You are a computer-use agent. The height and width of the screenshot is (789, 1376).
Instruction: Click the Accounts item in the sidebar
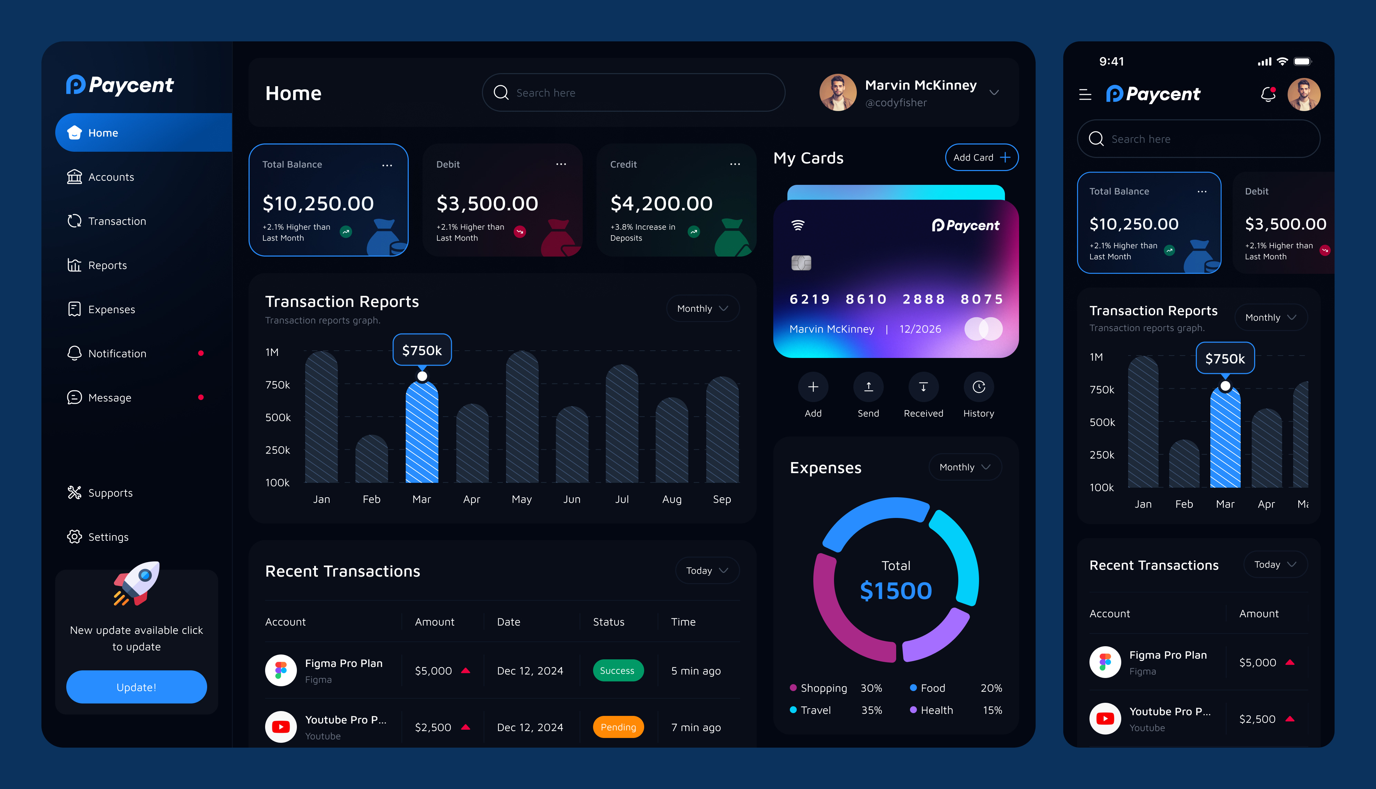tap(111, 177)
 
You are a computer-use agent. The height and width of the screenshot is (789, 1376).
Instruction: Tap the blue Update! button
tap(136, 687)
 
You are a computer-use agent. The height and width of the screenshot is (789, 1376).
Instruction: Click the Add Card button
tap(981, 158)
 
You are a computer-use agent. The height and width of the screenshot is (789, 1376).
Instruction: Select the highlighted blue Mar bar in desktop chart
tap(422, 433)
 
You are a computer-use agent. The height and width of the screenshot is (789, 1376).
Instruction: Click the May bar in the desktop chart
tap(522, 417)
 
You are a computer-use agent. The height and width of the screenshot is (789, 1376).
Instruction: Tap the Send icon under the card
tap(868, 387)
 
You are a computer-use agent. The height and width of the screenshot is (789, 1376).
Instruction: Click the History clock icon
tap(978, 387)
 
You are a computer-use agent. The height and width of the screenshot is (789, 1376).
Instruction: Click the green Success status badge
tap(617, 671)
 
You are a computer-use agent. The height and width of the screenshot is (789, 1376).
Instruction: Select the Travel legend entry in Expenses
tap(815, 710)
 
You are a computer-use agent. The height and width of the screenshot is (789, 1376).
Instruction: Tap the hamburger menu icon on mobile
tap(1085, 95)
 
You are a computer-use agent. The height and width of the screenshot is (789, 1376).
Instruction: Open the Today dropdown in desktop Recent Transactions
tap(707, 571)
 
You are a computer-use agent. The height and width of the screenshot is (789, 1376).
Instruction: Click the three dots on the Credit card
tap(735, 164)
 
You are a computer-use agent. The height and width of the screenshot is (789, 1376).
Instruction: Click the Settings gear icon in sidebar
tap(74, 537)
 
